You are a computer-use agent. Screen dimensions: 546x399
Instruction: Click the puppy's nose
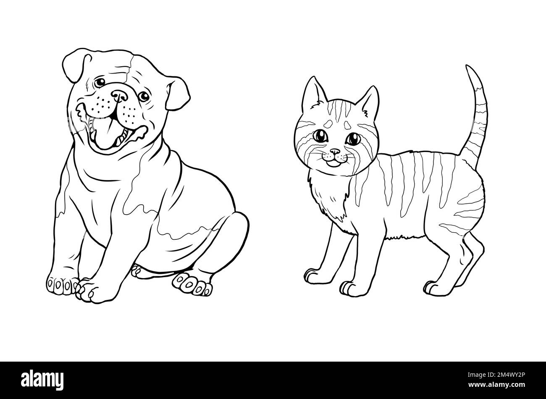click(x=120, y=96)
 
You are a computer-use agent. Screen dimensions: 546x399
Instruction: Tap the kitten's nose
click(x=335, y=152)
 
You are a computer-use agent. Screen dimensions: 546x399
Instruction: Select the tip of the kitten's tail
click(x=467, y=66)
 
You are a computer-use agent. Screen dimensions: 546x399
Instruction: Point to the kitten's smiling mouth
click(x=333, y=162)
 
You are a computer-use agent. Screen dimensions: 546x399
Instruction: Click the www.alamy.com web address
click(x=496, y=385)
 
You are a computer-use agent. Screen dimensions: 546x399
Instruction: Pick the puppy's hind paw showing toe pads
click(x=192, y=284)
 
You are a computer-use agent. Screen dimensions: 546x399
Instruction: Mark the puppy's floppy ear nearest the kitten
click(x=177, y=93)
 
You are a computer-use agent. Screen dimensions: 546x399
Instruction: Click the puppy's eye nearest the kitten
click(x=144, y=96)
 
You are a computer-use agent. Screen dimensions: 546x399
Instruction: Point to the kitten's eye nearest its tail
click(x=353, y=139)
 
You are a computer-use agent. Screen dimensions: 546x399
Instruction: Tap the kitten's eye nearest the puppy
click(x=320, y=136)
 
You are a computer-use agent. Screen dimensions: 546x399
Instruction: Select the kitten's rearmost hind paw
click(x=439, y=289)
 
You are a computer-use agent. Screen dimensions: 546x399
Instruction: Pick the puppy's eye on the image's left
click(x=100, y=82)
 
